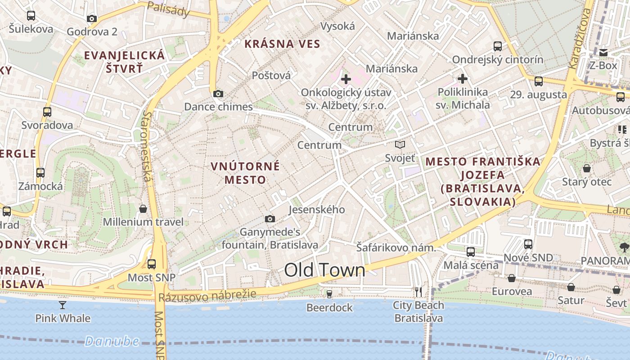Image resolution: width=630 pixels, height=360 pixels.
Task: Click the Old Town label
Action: (x=324, y=270)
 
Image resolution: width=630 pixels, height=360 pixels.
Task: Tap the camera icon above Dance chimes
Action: (x=218, y=94)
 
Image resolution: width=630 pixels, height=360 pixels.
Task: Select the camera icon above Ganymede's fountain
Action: (x=270, y=219)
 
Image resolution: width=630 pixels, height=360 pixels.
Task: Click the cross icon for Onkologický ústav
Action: (x=346, y=79)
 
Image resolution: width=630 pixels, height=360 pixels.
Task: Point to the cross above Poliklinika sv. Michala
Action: (x=463, y=79)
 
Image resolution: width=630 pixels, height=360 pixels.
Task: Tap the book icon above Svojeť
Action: (x=400, y=144)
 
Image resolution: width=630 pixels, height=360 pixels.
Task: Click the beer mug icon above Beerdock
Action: (x=329, y=294)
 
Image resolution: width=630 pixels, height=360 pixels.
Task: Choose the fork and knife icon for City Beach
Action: (x=418, y=292)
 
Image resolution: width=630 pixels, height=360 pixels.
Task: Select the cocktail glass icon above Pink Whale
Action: (x=63, y=305)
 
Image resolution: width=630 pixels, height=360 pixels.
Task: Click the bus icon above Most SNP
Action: (x=152, y=264)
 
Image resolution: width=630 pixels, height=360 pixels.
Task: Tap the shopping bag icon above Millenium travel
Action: (x=143, y=209)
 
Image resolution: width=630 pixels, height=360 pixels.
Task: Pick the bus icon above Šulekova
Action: (x=31, y=16)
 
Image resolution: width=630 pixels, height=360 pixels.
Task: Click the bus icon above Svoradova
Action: (x=47, y=112)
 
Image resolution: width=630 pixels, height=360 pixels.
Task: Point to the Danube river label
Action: (x=112, y=341)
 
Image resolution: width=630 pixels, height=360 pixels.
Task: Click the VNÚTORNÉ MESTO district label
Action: (x=245, y=173)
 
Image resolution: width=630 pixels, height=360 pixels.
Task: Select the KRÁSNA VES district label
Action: (x=282, y=44)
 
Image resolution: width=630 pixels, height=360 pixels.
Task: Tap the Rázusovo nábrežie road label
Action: (x=207, y=296)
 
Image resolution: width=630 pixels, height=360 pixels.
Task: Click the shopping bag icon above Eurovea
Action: (x=512, y=278)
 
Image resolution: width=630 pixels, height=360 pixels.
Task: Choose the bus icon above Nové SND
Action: (x=528, y=244)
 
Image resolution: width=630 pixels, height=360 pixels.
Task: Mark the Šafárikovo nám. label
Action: (x=396, y=247)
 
